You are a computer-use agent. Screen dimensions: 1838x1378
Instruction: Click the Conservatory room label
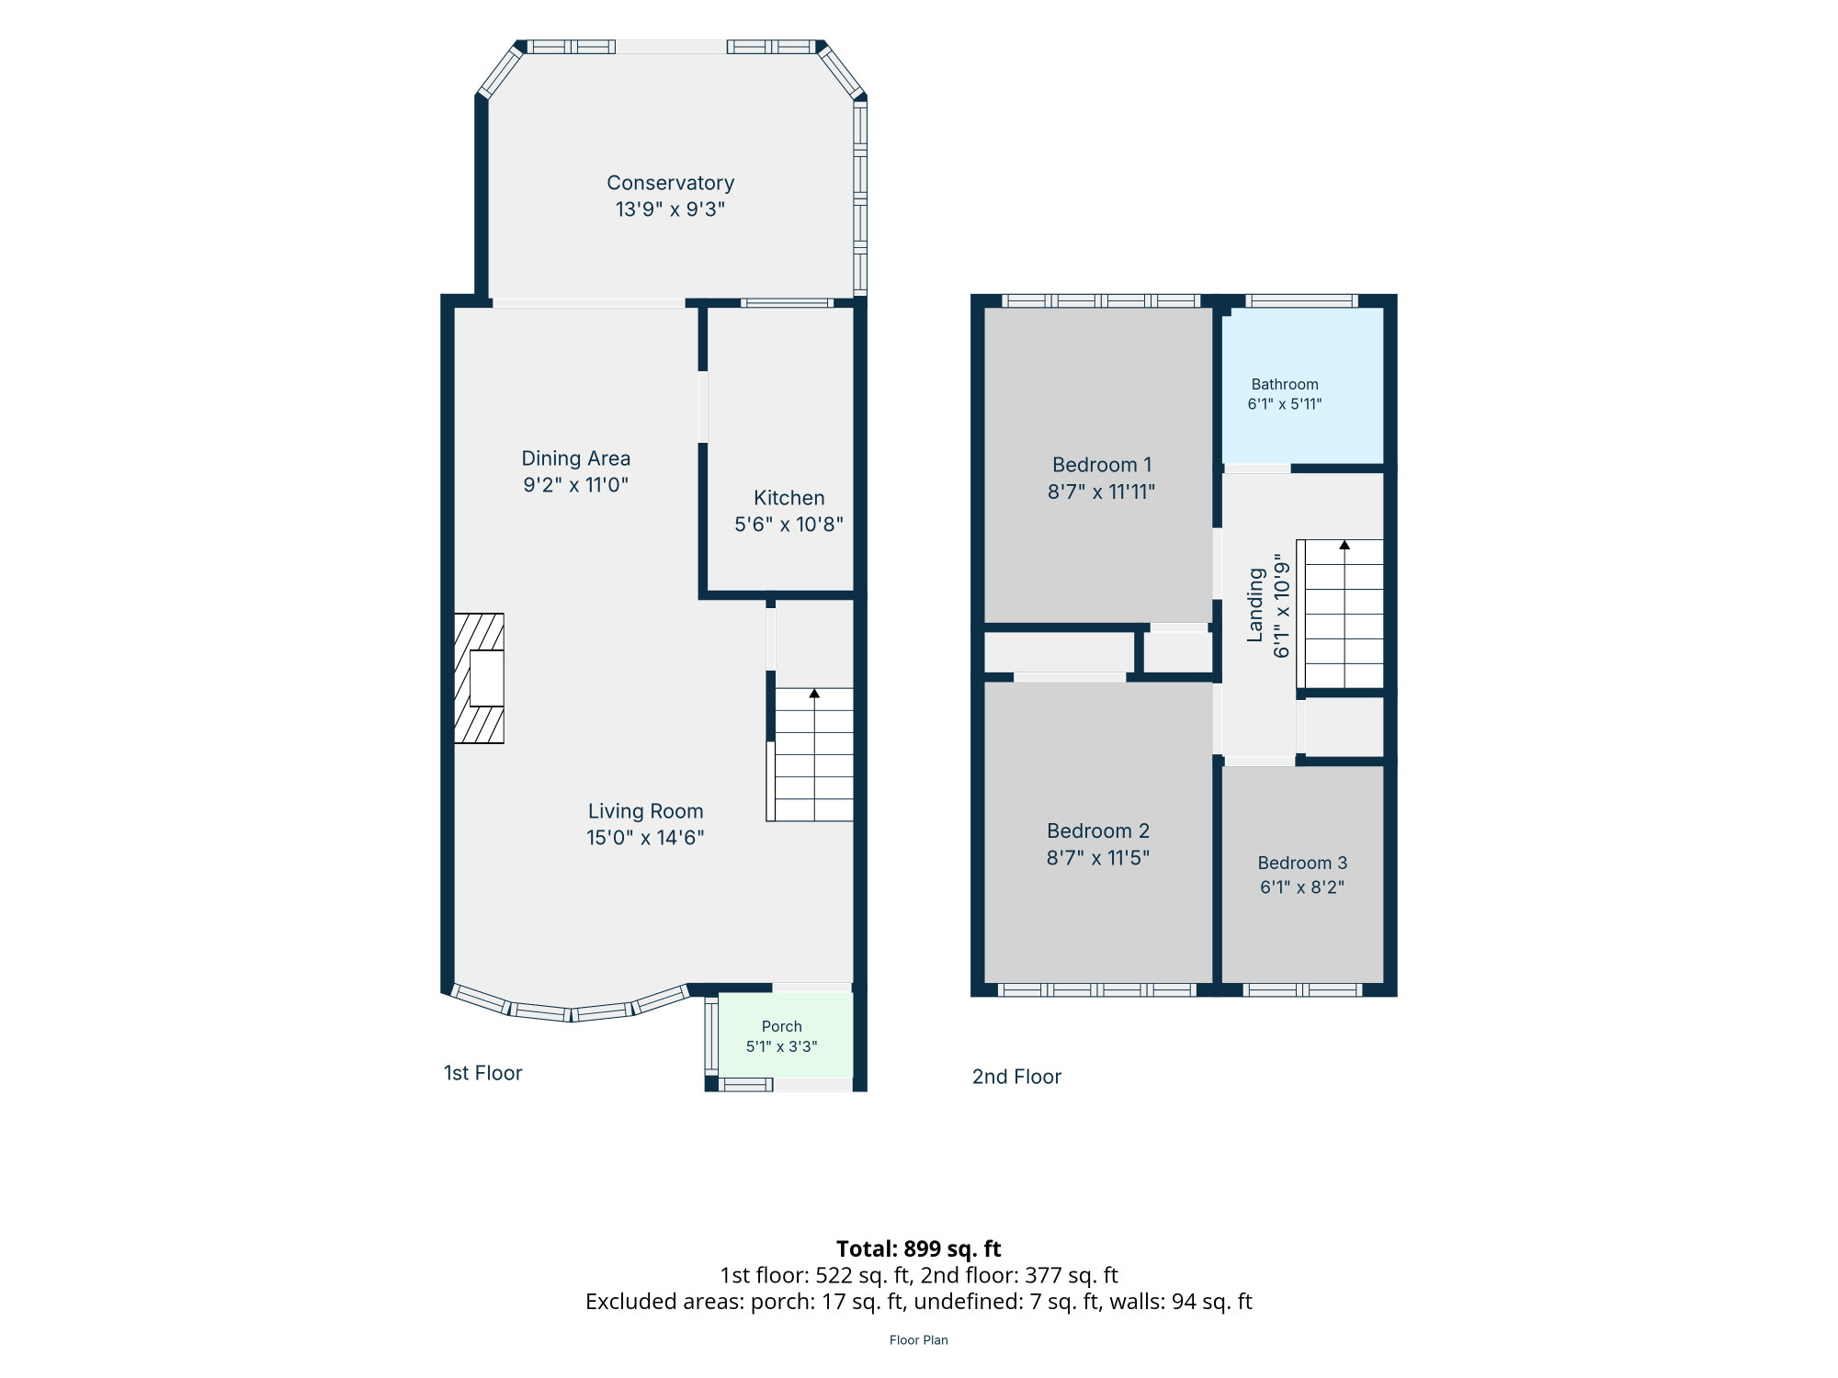(670, 183)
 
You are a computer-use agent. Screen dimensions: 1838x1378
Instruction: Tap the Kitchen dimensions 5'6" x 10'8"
(789, 525)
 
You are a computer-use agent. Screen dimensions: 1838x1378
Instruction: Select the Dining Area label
(576, 458)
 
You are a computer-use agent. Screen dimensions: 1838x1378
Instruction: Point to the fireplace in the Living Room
(479, 678)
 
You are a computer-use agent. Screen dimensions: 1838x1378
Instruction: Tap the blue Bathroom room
(1302, 386)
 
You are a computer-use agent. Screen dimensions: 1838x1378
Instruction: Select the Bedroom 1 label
(1102, 465)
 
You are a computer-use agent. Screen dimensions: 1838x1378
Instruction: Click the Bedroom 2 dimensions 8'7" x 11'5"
(1098, 858)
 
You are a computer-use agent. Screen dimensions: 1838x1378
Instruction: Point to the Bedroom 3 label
(1302, 863)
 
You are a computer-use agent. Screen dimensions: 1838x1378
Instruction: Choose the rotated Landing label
(1255, 604)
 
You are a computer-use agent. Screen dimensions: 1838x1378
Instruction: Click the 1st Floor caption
(482, 1073)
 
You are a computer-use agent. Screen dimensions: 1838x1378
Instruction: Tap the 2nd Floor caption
(1016, 1077)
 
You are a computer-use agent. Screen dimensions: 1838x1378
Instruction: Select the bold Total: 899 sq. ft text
(919, 1249)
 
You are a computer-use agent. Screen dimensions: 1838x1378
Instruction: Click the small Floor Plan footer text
(919, 1340)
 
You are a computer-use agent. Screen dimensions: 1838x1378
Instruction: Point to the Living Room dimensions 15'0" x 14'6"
(645, 838)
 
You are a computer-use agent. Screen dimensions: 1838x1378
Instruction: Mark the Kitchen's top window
(788, 302)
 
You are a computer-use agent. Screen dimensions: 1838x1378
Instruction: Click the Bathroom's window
(1301, 300)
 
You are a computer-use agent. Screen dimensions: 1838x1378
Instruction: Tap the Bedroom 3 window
(1302, 989)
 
